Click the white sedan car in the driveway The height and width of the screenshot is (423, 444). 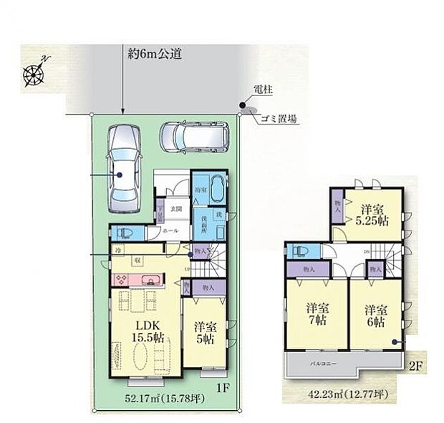pyautogui.click(x=122, y=167)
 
